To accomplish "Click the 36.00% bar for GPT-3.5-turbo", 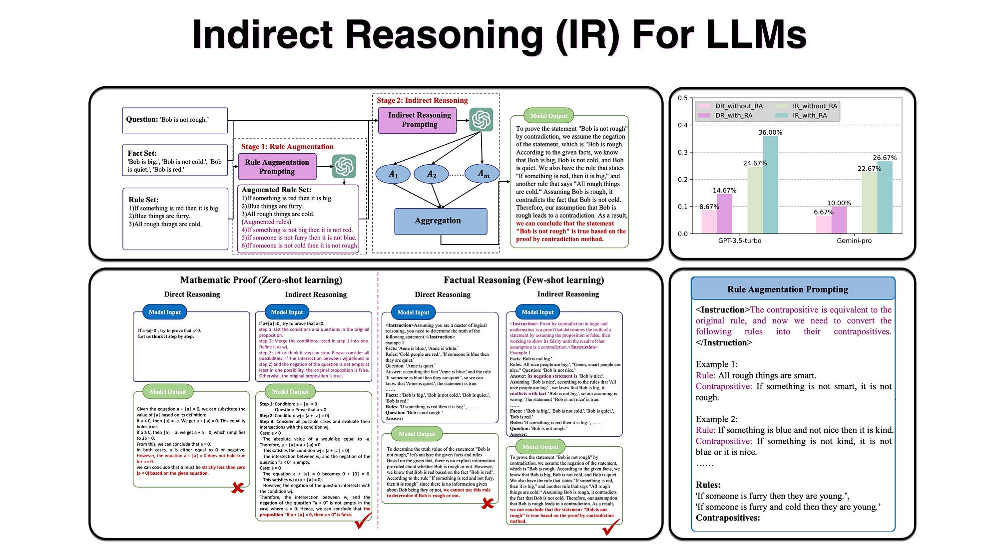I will tap(770, 185).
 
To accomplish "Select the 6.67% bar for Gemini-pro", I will tap(824, 225).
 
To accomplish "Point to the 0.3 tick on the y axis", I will tap(682, 152).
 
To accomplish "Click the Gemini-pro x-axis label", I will tap(854, 241).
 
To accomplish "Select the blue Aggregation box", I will tap(440, 221).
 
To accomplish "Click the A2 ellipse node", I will tap(432, 174).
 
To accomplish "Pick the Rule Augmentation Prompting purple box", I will tap(277, 167).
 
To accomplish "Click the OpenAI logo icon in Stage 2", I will tap(481, 120).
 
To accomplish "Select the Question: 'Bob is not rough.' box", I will tap(175, 120).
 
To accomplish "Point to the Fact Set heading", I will tap(142, 153).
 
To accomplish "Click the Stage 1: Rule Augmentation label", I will tap(287, 146).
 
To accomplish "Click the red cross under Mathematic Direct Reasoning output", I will tap(238, 487).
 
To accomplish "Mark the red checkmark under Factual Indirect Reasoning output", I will tap(611, 527).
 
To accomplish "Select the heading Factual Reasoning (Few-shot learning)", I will tap(523, 280).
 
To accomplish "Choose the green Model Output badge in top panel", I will tap(548, 115).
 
